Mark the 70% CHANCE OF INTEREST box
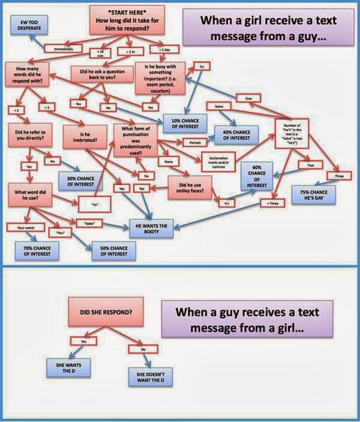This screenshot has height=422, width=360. [35, 250]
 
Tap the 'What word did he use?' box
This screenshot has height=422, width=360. [28, 196]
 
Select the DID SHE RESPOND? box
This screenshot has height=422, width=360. [106, 312]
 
